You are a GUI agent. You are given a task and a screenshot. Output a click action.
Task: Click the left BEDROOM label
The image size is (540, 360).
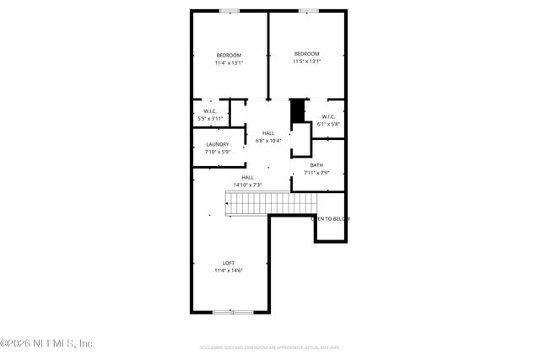click(x=228, y=55)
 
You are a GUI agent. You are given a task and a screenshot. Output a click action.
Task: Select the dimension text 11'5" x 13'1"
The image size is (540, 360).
click(x=307, y=62)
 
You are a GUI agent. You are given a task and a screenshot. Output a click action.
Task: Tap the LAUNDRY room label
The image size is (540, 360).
click(x=217, y=144)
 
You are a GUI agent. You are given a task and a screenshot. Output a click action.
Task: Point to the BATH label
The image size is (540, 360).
click(x=316, y=165)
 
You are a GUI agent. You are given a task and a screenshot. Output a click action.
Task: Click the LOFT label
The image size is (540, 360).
click(x=228, y=263)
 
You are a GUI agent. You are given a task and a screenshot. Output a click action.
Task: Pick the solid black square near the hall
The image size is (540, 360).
click(x=296, y=110)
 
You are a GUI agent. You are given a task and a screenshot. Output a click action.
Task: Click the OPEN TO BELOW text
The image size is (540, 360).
click(x=331, y=218)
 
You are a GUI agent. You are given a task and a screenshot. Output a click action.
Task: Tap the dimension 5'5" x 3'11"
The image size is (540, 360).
click(x=209, y=119)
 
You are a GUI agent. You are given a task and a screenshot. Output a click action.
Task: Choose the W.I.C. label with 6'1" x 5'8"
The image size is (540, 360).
click(x=328, y=116)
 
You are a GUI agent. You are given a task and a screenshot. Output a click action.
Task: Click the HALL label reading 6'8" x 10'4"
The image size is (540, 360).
click(x=267, y=133)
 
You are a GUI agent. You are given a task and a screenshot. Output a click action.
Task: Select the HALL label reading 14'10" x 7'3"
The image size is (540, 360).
click(x=247, y=177)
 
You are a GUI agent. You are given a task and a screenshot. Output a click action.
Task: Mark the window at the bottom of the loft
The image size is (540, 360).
click(x=232, y=312)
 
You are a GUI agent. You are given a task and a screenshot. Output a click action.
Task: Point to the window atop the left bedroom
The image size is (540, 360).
click(x=229, y=10)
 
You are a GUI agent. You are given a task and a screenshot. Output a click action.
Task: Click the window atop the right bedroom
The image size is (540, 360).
click(x=308, y=10)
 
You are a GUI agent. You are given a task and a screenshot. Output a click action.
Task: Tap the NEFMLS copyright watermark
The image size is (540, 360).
click(x=46, y=343)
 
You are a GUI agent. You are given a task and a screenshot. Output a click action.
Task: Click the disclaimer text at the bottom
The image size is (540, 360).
click(x=269, y=347)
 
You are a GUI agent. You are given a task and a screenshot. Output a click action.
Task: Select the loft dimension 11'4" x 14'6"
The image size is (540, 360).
click(x=228, y=271)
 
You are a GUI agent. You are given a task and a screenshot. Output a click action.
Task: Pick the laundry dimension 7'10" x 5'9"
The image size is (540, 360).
click(x=217, y=152)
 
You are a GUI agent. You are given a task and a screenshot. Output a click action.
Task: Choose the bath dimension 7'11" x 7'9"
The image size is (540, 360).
click(x=316, y=173)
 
